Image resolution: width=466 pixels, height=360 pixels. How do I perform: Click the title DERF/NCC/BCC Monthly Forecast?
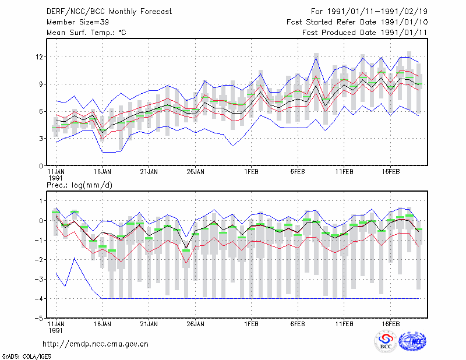109,12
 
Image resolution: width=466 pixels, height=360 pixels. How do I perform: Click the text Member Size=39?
77,22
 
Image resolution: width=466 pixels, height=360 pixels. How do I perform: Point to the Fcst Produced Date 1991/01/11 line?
365,33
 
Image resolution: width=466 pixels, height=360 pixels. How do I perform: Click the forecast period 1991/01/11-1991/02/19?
377,12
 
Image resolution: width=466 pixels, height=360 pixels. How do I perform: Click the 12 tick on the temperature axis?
40,57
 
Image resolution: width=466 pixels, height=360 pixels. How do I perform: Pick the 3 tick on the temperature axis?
41,139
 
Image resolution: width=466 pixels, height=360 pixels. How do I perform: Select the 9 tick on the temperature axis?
41,84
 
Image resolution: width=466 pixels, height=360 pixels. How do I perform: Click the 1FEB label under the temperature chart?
251,172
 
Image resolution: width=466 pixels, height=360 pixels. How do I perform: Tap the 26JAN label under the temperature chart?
195,172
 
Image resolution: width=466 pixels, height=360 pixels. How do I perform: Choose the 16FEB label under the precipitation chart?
390,324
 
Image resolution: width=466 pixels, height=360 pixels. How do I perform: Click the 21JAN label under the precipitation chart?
149,324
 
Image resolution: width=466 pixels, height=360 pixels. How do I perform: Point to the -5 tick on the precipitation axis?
39,318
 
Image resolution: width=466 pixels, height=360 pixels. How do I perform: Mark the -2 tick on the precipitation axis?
39,260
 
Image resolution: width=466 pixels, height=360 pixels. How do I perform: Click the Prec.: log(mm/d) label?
79,185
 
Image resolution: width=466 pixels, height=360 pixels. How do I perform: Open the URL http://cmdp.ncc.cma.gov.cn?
96,344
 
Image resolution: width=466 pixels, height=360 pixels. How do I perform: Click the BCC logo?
386,341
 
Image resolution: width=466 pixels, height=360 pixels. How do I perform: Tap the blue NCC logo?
412,341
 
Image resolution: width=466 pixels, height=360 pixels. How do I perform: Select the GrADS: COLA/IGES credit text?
27,357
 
